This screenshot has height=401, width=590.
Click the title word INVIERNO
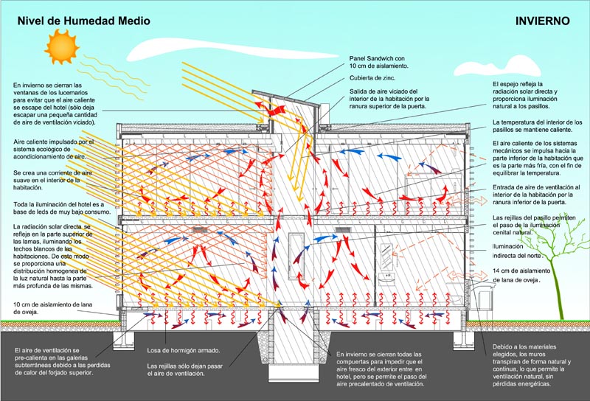click(x=542, y=21)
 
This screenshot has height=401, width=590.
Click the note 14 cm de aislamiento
click(x=521, y=275)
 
